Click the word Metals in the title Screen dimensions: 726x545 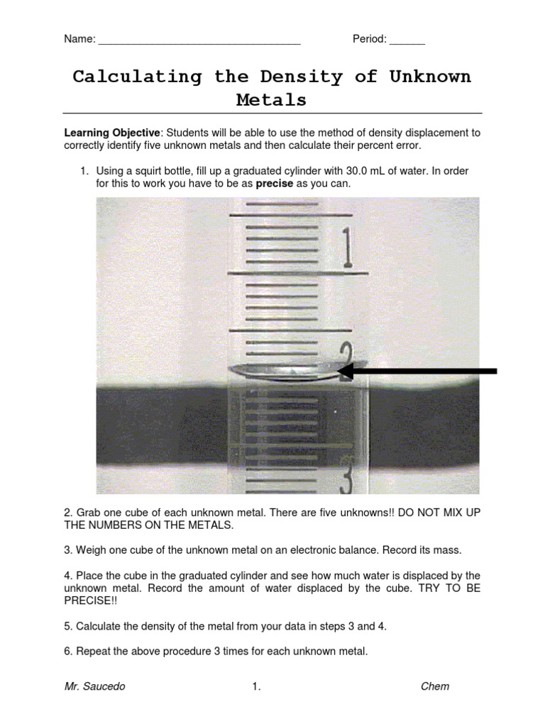(x=272, y=100)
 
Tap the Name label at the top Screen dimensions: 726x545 (x=79, y=40)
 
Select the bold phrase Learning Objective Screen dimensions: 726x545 (x=113, y=133)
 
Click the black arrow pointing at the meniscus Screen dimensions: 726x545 (x=419, y=370)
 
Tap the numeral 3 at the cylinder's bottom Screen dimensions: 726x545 (x=346, y=482)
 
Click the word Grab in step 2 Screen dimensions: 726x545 (x=88, y=513)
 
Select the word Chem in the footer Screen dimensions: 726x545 (x=435, y=686)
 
